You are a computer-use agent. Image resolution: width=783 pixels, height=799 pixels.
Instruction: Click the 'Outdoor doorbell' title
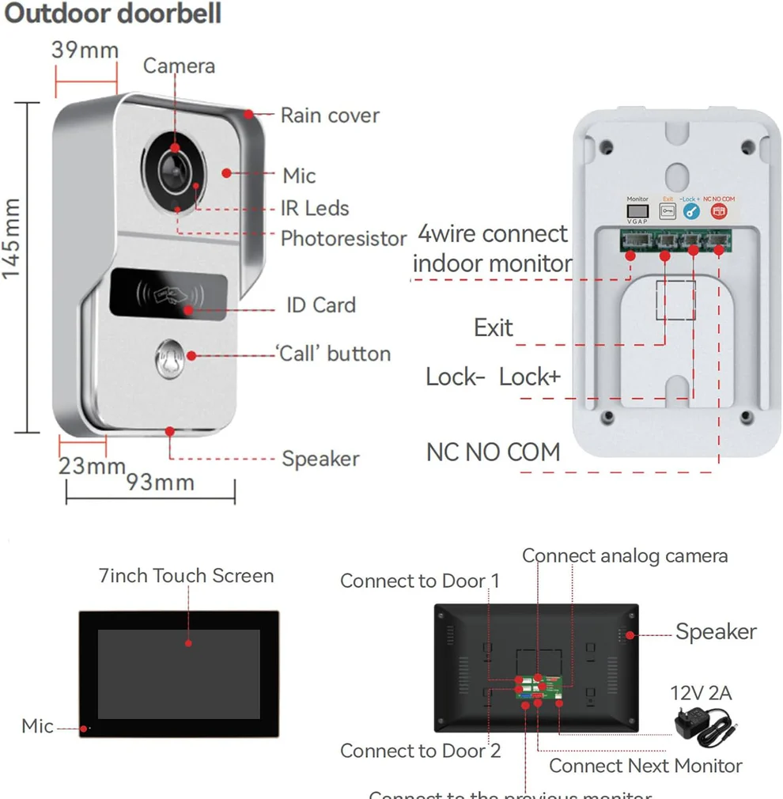click(112, 14)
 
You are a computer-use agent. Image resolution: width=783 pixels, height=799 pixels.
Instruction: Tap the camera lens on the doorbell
click(174, 167)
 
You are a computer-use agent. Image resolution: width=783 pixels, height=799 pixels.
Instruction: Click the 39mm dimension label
click(85, 50)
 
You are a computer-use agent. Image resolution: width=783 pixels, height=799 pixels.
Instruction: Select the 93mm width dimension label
click(161, 482)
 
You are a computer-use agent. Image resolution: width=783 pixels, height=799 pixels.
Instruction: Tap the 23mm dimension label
click(92, 466)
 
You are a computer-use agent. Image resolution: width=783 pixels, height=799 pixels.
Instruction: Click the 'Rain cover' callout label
click(330, 115)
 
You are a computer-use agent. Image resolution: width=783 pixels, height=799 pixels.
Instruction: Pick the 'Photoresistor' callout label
click(343, 238)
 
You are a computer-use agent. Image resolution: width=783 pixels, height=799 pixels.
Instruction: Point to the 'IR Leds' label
click(315, 208)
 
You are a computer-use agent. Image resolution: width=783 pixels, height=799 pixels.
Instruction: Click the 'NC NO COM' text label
click(493, 453)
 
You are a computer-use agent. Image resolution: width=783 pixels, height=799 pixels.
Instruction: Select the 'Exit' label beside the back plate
click(493, 328)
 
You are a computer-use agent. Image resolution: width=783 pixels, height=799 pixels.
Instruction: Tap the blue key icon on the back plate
click(692, 211)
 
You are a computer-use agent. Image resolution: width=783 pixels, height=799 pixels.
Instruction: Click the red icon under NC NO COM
click(718, 211)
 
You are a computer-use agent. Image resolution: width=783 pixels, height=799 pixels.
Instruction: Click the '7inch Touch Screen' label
click(187, 576)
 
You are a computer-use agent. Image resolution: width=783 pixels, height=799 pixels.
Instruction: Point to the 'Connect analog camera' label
click(625, 556)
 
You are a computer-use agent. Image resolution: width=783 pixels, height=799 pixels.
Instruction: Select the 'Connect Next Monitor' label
click(645, 766)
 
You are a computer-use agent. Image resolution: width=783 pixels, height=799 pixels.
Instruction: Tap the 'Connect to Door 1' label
click(420, 581)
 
